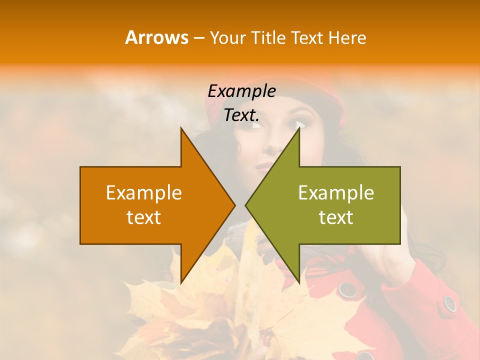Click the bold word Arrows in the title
click(x=156, y=37)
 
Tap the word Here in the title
click(x=347, y=37)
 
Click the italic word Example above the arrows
click(x=241, y=91)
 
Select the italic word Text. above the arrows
click(x=241, y=115)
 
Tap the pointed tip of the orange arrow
click(x=233, y=205)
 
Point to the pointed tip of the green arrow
click(x=247, y=205)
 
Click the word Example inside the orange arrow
click(x=144, y=193)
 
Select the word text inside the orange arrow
click(x=144, y=217)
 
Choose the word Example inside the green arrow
click(x=336, y=193)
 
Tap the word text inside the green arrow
click(x=336, y=217)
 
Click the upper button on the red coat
click(x=346, y=289)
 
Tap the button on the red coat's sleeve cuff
click(x=450, y=303)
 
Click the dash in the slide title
click(x=198, y=38)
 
